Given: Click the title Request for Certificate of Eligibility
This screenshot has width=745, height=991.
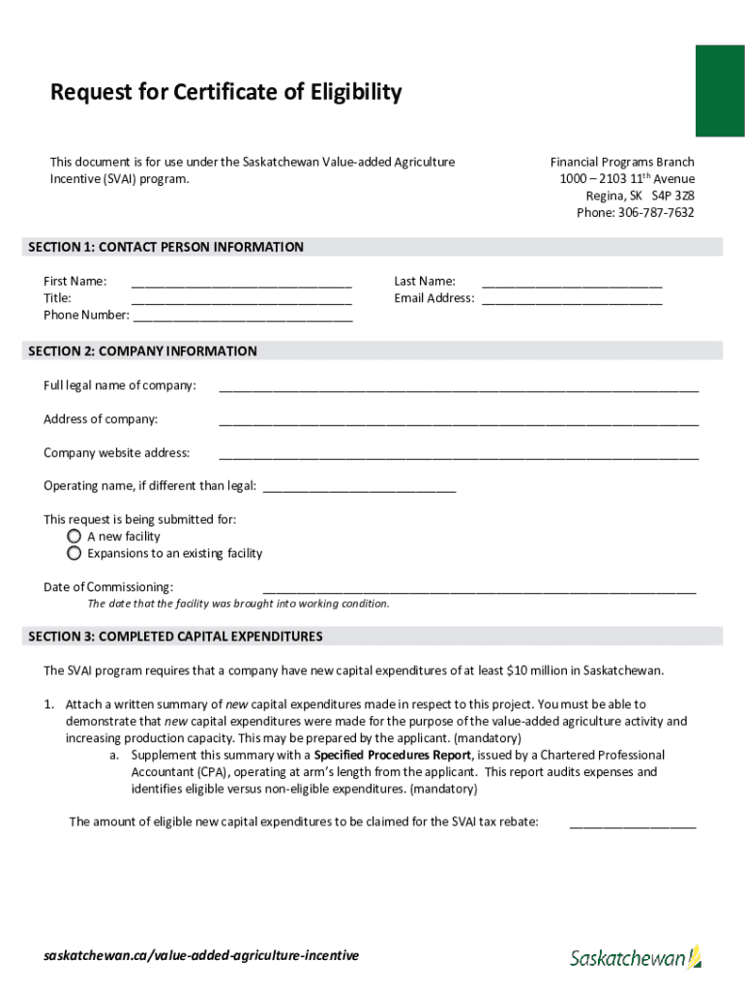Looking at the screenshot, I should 225,93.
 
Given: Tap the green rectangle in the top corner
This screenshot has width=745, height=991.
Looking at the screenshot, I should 720,90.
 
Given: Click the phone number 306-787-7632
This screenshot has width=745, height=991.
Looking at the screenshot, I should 656,213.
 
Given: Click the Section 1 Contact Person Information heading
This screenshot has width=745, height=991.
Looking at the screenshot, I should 166,248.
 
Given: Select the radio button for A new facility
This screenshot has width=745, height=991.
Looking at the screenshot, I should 74,536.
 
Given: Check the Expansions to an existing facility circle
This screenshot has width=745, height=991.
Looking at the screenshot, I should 74,554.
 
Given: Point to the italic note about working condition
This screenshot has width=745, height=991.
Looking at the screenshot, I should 239,604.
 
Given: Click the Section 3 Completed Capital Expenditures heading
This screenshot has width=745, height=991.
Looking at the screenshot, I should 176,637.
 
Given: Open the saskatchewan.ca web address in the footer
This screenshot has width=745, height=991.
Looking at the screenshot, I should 201,955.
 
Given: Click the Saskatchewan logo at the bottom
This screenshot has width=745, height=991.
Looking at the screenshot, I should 635,957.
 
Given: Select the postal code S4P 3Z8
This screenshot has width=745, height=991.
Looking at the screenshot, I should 672,195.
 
